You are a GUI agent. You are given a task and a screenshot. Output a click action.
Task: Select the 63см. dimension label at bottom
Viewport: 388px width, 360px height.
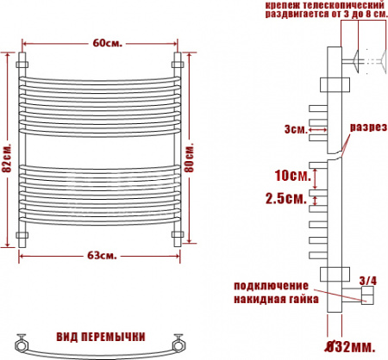[102, 256]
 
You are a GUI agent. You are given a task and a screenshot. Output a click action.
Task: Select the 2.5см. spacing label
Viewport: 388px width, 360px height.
[284, 199]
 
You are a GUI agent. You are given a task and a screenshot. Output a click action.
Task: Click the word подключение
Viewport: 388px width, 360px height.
[270, 285]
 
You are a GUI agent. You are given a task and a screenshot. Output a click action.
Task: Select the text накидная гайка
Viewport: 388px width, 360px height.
[276, 300]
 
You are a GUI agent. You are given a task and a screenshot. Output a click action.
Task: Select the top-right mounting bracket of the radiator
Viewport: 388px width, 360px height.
[179, 62]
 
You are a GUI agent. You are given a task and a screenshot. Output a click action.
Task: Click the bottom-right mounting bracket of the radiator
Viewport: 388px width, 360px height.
[179, 233]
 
